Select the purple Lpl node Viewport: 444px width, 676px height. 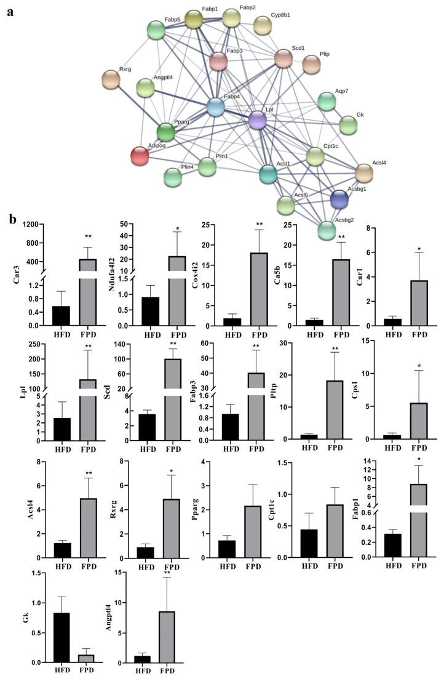(258, 119)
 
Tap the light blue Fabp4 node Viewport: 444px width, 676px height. (215, 107)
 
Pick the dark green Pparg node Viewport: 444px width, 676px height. (165, 132)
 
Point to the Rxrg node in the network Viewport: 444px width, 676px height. (111, 79)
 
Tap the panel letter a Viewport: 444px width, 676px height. (10, 12)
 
